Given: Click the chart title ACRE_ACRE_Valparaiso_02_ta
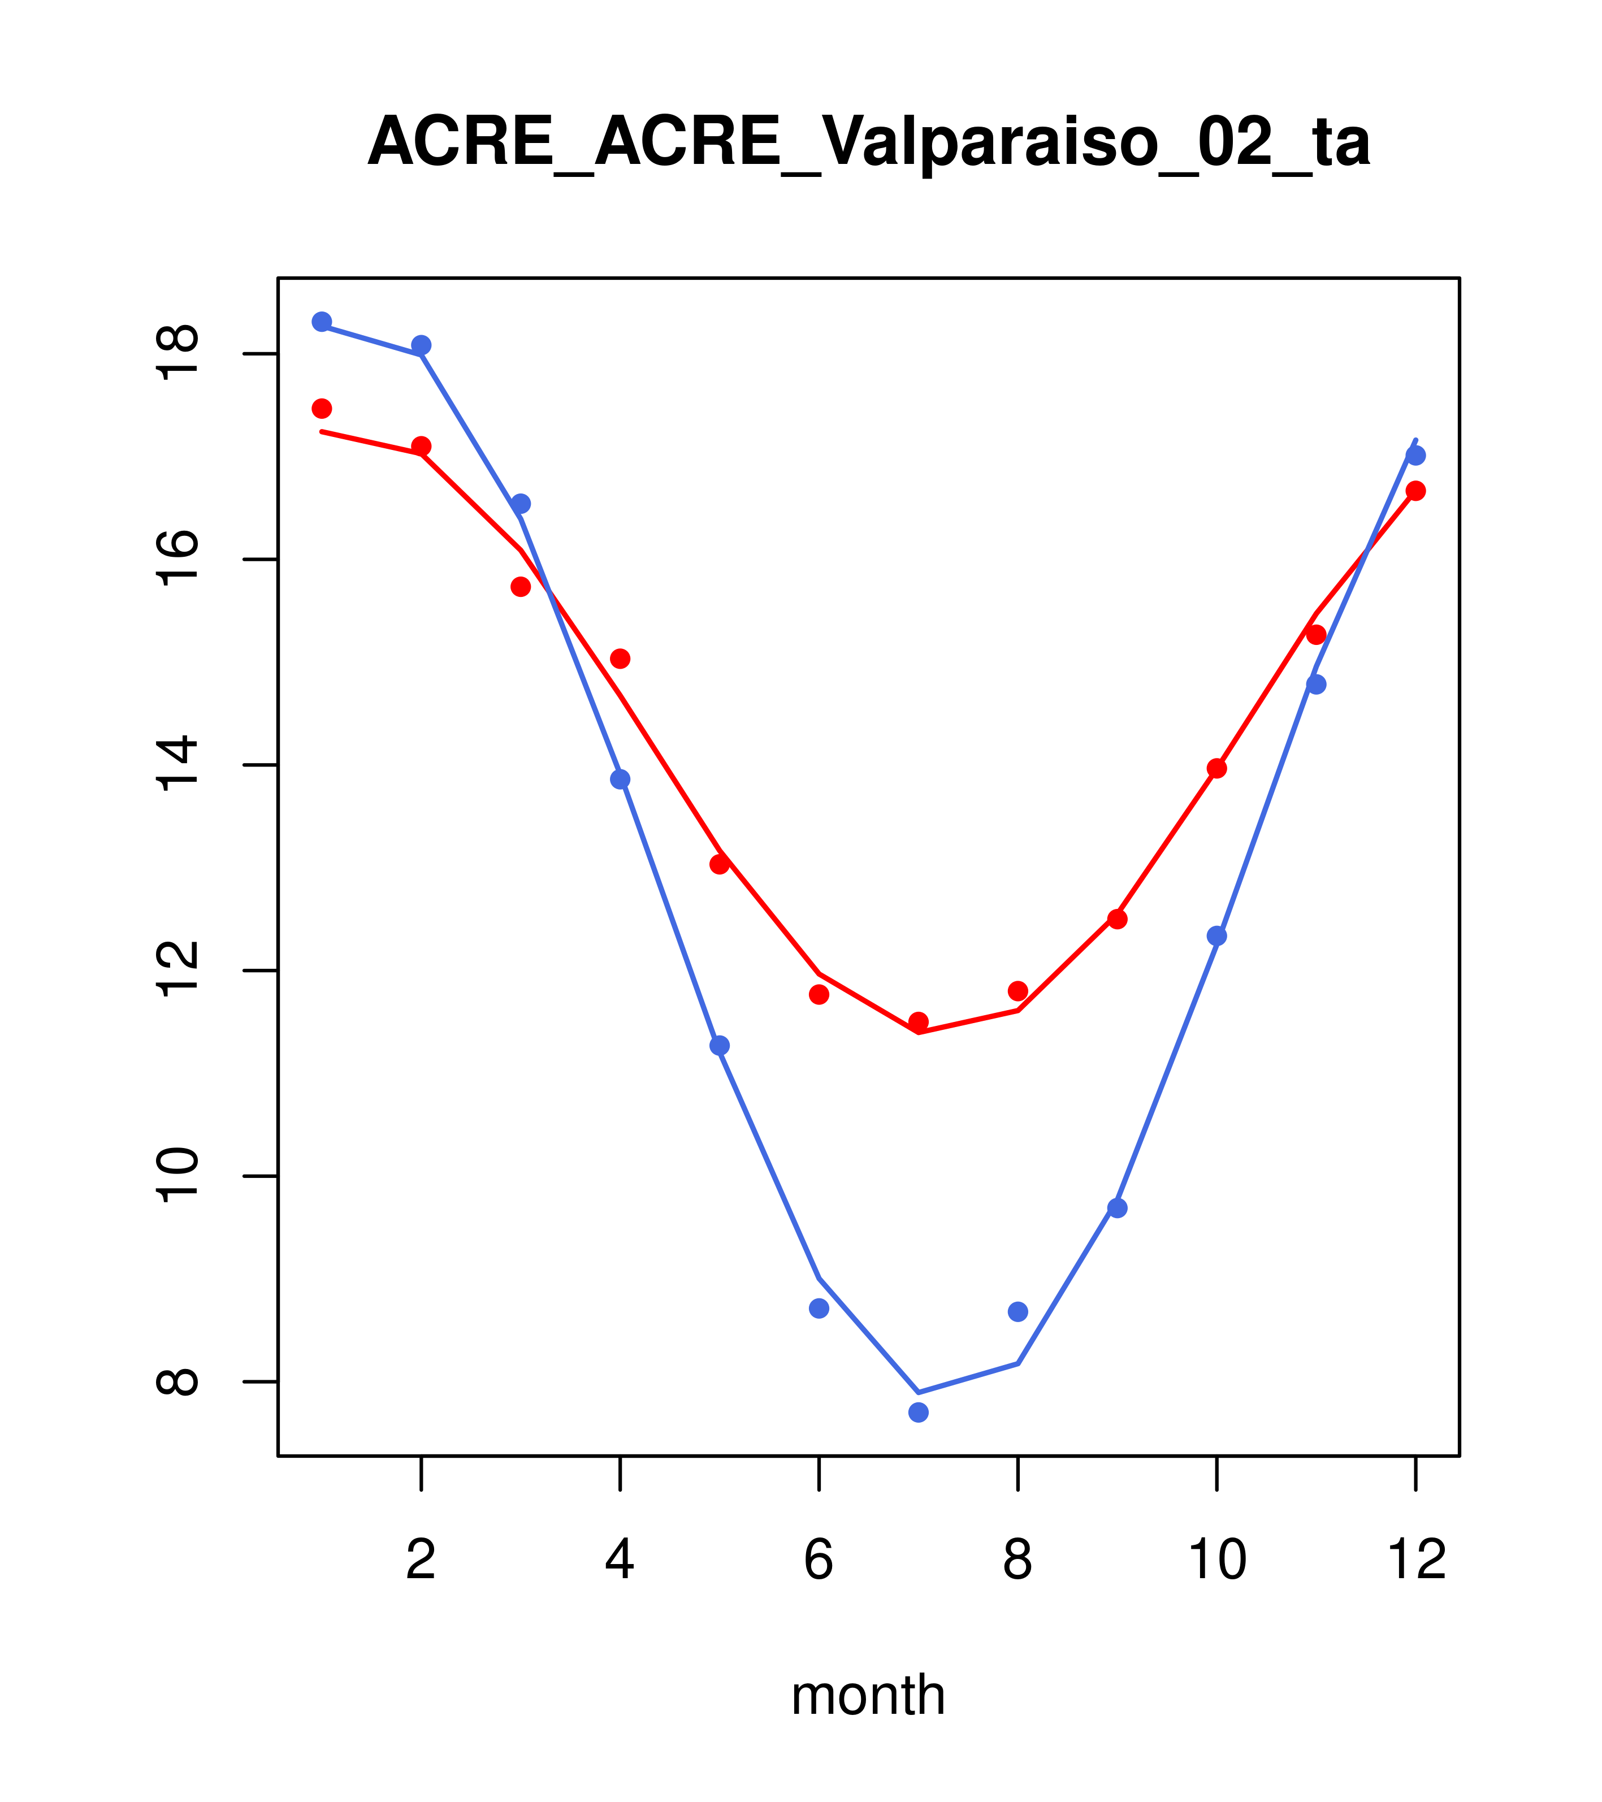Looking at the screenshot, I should (868, 142).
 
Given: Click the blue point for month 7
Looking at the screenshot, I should (919, 1413).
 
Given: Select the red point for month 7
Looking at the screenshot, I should (919, 1022).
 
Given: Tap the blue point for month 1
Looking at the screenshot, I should (322, 321).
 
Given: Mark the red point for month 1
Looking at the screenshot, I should (322, 408).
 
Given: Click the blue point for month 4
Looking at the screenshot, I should (621, 779).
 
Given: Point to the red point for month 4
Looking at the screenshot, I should (621, 659).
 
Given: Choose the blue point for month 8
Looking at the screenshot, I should (1018, 1312).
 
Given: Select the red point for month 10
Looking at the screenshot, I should (1216, 768).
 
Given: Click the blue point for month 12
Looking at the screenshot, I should (1416, 456).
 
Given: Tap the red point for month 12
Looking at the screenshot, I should (1416, 491).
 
